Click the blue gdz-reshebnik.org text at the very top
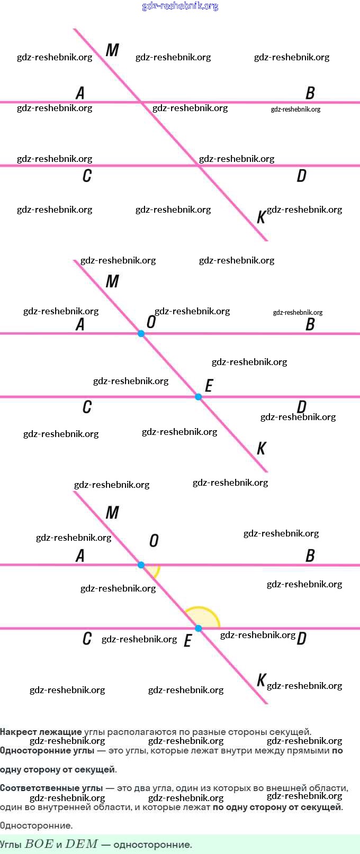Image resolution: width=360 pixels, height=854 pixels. (x=180, y=6)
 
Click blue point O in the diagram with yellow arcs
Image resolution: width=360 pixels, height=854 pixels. (x=141, y=565)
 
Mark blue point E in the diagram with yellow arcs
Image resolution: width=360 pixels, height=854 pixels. (x=199, y=629)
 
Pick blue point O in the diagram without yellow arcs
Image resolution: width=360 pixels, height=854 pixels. (x=141, y=334)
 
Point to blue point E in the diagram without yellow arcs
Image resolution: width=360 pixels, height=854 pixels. (x=199, y=397)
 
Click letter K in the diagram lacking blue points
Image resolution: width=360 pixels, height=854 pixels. (x=261, y=217)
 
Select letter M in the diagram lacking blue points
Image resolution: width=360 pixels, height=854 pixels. (x=112, y=50)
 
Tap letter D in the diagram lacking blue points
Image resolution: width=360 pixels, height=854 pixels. (x=301, y=176)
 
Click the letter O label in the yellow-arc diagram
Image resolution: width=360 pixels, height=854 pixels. (x=154, y=540)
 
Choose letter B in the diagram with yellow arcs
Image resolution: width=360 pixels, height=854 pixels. (x=310, y=556)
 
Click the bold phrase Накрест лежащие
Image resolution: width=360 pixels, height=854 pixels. (x=41, y=732)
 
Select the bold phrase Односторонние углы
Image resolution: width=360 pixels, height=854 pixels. (x=47, y=751)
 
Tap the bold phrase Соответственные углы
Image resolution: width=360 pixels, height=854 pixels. (x=51, y=788)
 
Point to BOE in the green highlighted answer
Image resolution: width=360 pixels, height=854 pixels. (x=39, y=844)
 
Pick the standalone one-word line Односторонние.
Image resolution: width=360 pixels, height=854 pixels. (x=36, y=826)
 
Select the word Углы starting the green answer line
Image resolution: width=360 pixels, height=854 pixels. (x=11, y=844)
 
